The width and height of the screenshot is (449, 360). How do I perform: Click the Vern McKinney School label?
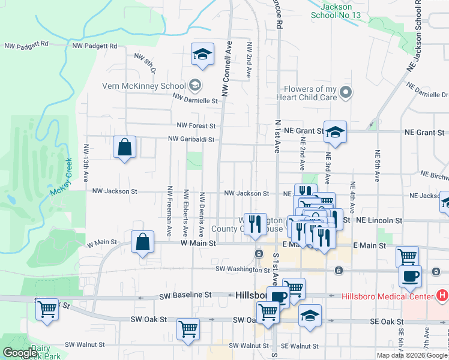[x=144, y=85]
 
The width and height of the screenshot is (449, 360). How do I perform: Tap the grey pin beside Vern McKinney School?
[x=194, y=85]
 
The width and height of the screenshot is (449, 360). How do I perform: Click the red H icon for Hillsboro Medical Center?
[x=443, y=296]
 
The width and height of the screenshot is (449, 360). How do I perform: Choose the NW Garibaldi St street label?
[x=191, y=139]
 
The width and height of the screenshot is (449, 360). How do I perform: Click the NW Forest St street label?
[x=196, y=126]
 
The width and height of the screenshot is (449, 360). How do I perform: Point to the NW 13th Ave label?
[x=87, y=163]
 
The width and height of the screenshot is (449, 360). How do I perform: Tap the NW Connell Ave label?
[x=226, y=68]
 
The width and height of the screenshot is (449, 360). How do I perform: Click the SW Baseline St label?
[x=186, y=296]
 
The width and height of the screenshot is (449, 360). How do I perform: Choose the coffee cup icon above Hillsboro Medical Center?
[x=411, y=275]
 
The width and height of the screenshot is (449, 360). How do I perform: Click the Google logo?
[x=19, y=353]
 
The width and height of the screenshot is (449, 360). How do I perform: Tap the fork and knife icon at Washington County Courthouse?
[x=258, y=224]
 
